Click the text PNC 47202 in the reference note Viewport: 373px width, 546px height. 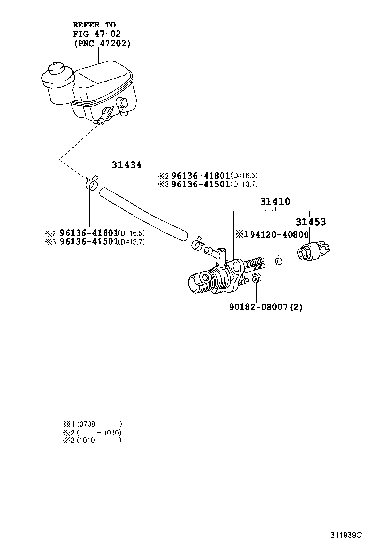click(102, 43)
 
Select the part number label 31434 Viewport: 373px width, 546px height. click(126, 165)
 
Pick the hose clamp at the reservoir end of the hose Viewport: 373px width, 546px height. click(91, 184)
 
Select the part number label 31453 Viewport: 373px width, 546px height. click(310, 222)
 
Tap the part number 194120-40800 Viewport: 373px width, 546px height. click(272, 234)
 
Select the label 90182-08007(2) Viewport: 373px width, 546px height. click(266, 307)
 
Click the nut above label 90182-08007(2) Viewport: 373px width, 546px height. click(255, 279)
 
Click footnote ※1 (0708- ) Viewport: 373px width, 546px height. click(92, 424)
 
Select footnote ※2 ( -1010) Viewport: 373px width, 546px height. click(92, 432)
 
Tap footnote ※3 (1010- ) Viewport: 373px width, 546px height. click(92, 440)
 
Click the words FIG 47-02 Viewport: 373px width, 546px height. click(96, 33)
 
